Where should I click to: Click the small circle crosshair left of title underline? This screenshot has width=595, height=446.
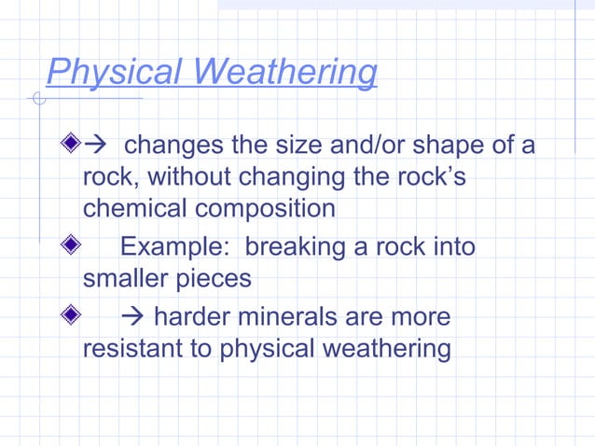click(37, 99)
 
